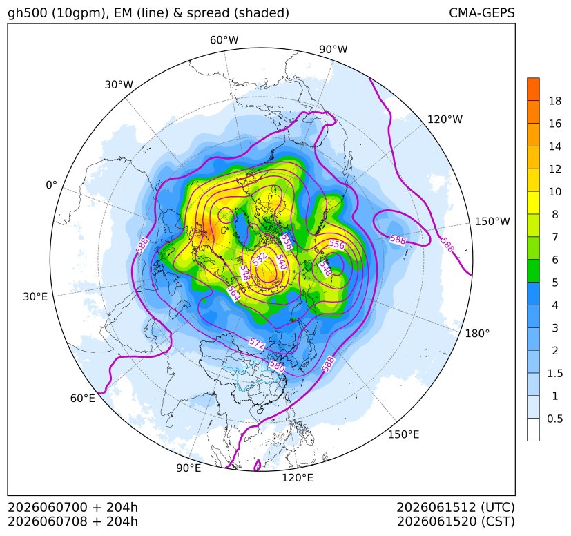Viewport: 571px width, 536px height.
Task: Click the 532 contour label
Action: coord(260,259)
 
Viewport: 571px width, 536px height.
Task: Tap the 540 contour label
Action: coord(281,262)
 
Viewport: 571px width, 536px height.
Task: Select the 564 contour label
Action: coord(233,294)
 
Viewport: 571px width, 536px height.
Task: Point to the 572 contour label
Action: coord(257,343)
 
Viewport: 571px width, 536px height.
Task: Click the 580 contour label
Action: coord(277,365)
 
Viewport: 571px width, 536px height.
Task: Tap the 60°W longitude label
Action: coord(224,40)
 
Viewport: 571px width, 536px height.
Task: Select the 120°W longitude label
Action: coord(445,119)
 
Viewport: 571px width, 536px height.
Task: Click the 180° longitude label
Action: coord(477,334)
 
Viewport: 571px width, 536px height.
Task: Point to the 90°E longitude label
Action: coord(188,468)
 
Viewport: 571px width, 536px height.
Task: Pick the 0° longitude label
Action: coord(51,185)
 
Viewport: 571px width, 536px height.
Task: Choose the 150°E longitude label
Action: coord(403,434)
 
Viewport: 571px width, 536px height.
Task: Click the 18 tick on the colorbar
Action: coord(555,102)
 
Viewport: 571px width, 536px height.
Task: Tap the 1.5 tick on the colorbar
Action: coord(555,373)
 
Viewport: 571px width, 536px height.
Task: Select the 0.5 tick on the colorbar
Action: coord(555,419)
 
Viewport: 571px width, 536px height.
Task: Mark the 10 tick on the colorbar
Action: coord(555,191)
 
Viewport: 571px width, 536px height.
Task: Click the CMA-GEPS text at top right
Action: coord(482,12)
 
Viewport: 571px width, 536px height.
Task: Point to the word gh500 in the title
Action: coord(27,13)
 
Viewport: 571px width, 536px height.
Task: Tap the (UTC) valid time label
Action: coord(498,508)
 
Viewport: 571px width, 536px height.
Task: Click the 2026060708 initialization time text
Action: coord(48,521)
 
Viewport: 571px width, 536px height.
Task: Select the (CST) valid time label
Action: coord(499,521)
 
